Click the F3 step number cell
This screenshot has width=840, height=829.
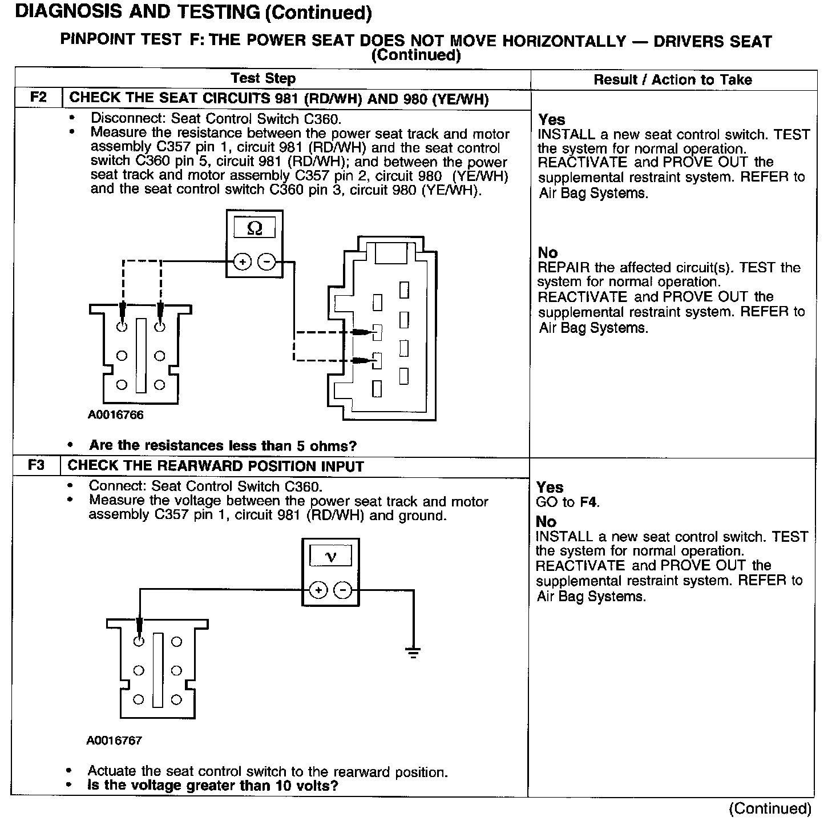[36, 465]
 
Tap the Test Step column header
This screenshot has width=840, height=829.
[263, 79]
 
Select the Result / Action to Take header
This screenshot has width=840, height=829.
[673, 80]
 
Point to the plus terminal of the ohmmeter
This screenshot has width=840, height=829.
[242, 262]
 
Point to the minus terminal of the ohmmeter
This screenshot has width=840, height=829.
[266, 262]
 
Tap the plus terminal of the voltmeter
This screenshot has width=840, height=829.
[318, 590]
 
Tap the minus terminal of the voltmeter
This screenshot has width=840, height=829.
[342, 590]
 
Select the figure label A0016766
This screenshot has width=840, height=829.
[115, 415]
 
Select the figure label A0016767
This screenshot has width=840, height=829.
[114, 741]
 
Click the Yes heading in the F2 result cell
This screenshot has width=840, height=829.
[551, 120]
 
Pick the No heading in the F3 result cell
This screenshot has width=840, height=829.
[546, 521]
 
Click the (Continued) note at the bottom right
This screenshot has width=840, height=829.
[770, 808]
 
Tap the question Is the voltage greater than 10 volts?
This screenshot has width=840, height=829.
[213, 786]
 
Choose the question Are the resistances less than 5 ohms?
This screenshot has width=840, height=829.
[223, 445]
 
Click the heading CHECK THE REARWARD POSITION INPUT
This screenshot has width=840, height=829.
[216, 466]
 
